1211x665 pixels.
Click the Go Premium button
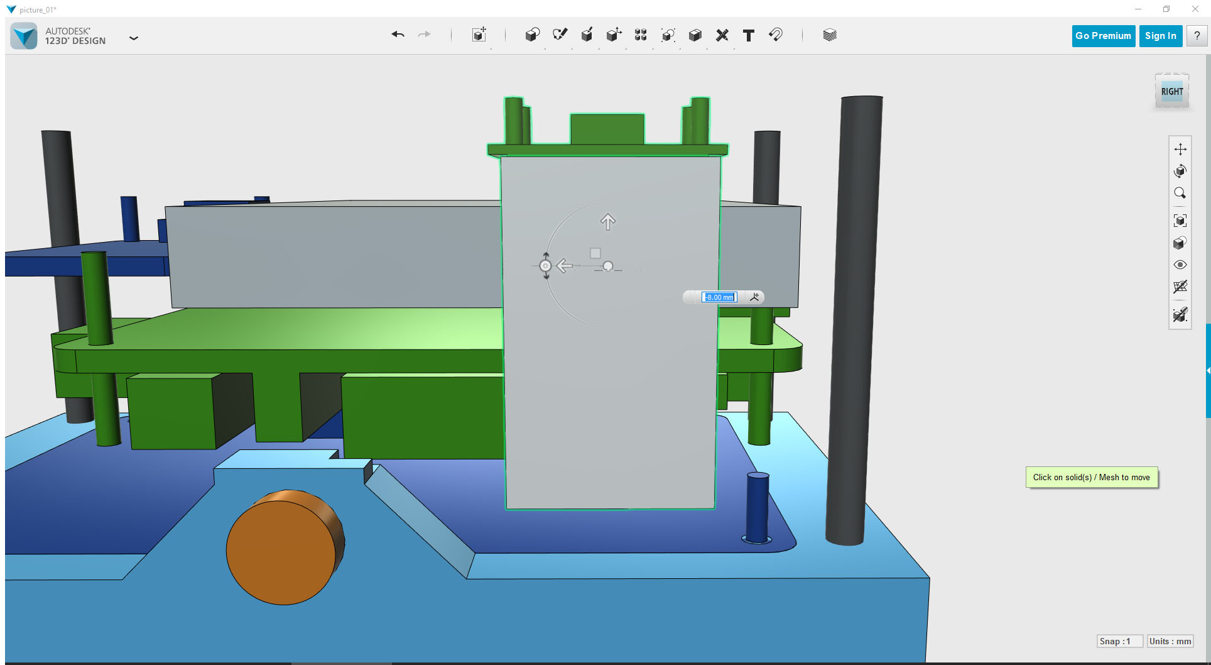click(1103, 36)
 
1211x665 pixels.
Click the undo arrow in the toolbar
click(398, 35)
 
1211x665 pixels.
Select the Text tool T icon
click(748, 36)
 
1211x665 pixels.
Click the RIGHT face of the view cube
click(1171, 92)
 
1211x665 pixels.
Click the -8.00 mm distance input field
click(719, 297)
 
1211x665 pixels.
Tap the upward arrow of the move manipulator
click(607, 221)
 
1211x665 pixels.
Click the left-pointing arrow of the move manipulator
click(564, 266)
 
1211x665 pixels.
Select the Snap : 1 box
click(1119, 641)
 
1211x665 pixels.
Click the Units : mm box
click(1170, 641)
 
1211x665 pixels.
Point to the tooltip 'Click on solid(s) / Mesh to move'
click(1091, 478)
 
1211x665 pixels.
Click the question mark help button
click(1197, 36)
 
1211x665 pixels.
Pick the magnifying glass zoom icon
click(1180, 194)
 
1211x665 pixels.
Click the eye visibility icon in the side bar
click(1180, 265)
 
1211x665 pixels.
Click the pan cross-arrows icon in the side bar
click(1180, 149)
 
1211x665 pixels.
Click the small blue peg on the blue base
click(758, 506)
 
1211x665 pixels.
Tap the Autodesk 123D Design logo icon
click(24, 36)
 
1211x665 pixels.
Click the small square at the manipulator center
click(595, 253)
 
